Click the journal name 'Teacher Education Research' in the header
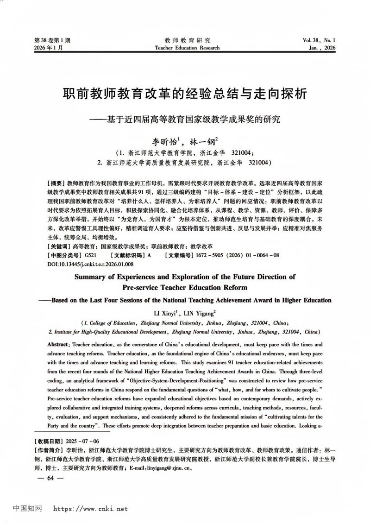(187, 48)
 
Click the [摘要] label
(57, 183)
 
